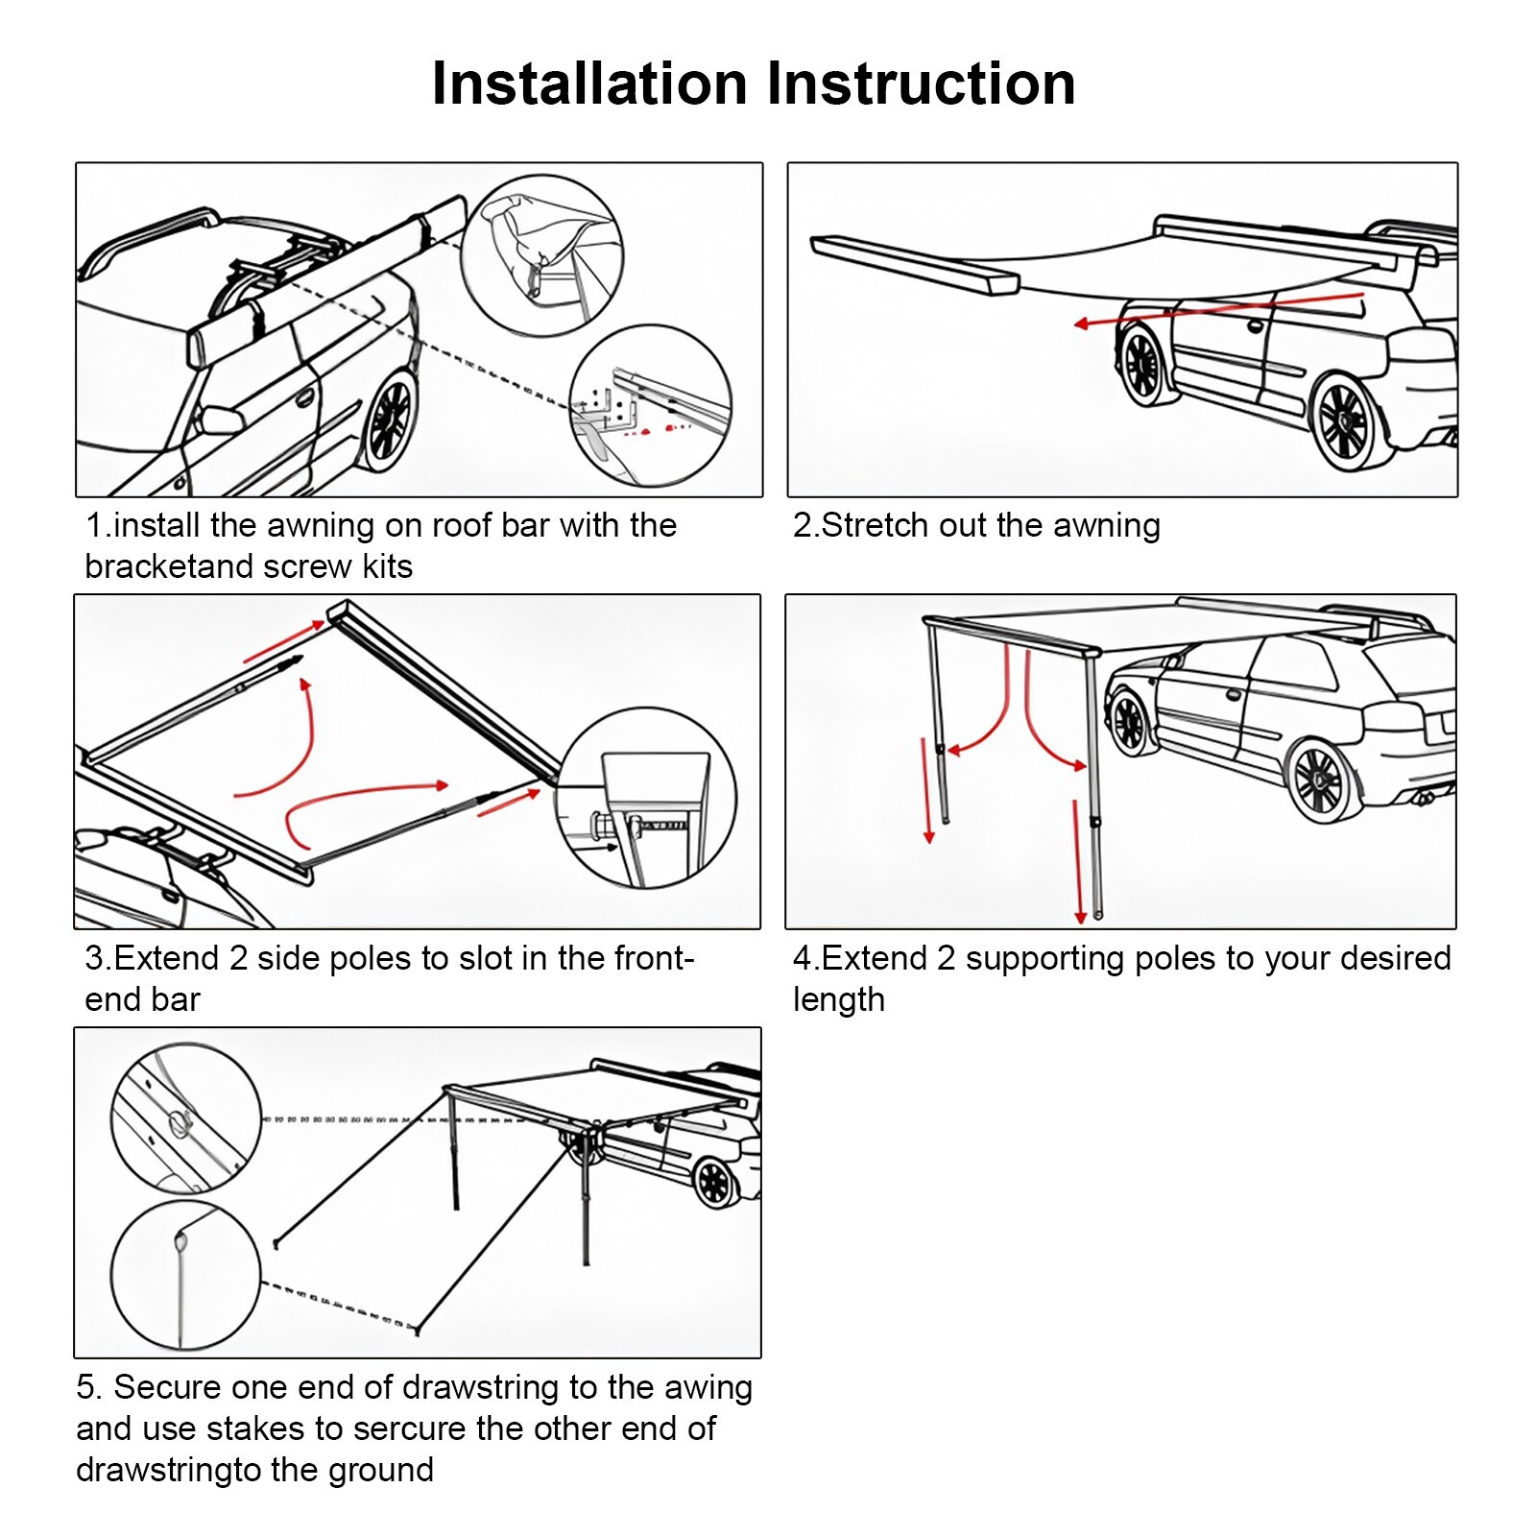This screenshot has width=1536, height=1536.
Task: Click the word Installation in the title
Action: (x=588, y=84)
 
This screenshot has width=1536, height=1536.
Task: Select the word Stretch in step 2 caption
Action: (x=876, y=525)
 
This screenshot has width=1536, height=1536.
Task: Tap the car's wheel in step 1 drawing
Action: (x=390, y=420)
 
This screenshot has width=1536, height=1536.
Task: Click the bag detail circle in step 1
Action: (x=542, y=254)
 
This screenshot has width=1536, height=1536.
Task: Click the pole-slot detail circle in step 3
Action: (x=646, y=798)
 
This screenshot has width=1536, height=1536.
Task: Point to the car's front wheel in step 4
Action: (x=1129, y=723)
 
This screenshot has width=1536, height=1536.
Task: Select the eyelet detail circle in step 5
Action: (x=186, y=1119)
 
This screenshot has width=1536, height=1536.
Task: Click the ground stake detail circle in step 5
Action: (x=185, y=1276)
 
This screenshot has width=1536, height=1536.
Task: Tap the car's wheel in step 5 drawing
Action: (x=715, y=1181)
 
